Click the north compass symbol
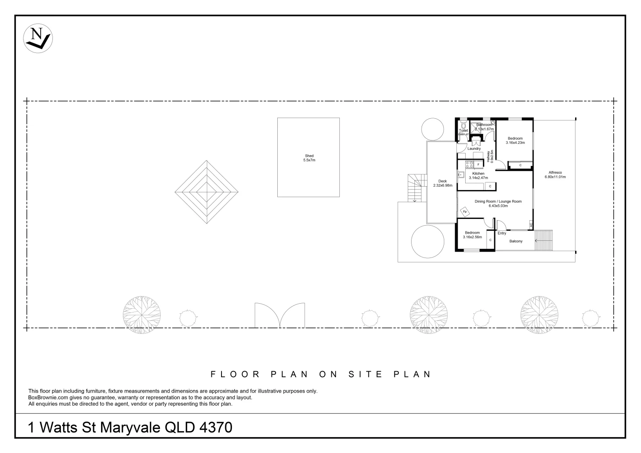[x=38, y=38]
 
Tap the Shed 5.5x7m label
[x=309, y=158]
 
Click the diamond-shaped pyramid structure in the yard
[x=206, y=192]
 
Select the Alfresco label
[x=555, y=174]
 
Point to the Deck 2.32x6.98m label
[x=443, y=183]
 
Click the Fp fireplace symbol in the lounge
[x=465, y=211]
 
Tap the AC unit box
[x=531, y=225]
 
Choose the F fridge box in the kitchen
[x=478, y=164]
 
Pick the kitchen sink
[x=461, y=174]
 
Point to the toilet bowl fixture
[x=463, y=125]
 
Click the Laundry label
[x=474, y=148]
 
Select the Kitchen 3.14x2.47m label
[x=478, y=176]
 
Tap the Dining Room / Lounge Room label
[x=498, y=203]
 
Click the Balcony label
[x=516, y=241]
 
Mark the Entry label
[x=502, y=233]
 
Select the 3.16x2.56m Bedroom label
[x=472, y=235]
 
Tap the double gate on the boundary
[x=280, y=315]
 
